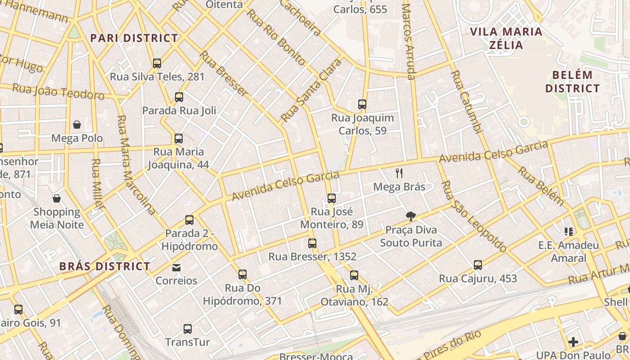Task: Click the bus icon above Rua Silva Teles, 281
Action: tap(157, 63)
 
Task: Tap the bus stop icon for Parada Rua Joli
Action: tap(179, 97)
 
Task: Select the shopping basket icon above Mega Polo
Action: tap(77, 125)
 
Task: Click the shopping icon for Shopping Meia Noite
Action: tap(57, 198)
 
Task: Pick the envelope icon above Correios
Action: tap(176, 268)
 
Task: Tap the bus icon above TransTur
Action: tap(188, 329)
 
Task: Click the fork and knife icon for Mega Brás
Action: tap(399, 173)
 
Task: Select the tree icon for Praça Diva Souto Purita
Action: tap(410, 216)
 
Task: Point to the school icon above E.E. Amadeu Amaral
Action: tap(569, 232)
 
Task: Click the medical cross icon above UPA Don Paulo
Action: tap(573, 342)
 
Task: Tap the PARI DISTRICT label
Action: tap(134, 38)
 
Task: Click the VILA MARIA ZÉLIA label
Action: tap(506, 38)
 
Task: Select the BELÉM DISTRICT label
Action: tap(572, 81)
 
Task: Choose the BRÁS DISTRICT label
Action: tap(105, 266)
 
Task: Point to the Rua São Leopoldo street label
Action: tap(474, 216)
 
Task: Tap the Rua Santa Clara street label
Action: tap(311, 90)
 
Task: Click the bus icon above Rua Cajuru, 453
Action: tap(478, 265)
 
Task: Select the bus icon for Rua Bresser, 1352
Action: tap(312, 243)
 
